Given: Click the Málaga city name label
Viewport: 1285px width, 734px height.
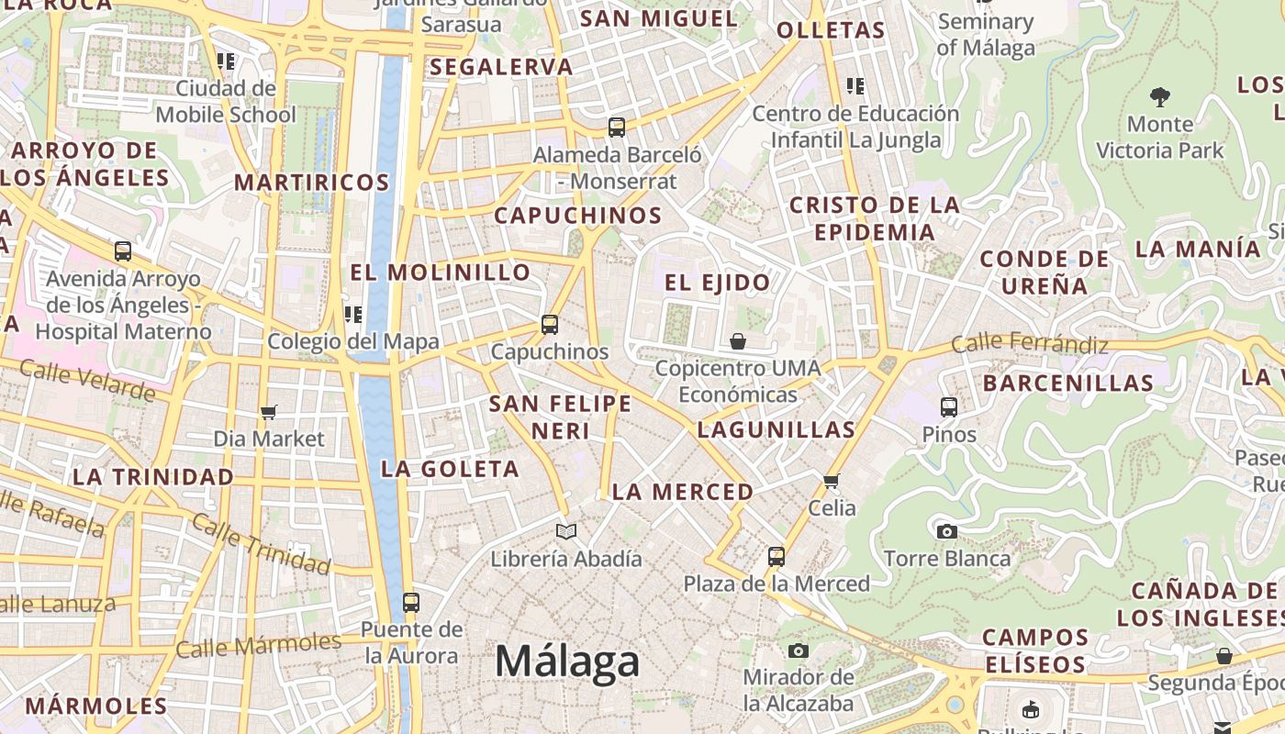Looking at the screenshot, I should point(567,661).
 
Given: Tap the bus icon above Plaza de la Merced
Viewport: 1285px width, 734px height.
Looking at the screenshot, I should point(777,556).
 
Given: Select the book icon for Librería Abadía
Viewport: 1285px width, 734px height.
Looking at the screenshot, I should point(566,531).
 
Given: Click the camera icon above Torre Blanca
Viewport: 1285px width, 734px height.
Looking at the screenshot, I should point(946,531).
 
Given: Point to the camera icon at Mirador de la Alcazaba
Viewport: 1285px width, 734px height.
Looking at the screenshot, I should point(799,651).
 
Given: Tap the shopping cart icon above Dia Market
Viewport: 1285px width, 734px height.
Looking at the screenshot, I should point(268,412).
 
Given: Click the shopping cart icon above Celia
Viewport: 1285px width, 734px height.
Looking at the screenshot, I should point(832,481).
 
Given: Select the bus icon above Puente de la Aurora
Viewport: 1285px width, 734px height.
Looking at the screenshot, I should point(411,602).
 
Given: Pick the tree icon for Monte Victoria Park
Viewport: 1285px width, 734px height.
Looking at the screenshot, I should point(1160,96).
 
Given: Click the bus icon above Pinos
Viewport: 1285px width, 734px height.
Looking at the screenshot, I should point(949,406).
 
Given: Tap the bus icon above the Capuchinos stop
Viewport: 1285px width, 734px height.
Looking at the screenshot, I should point(549,324).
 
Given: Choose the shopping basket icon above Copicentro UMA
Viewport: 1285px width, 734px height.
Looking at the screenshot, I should point(738,341).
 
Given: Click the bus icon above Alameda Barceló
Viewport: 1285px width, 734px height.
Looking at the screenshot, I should point(617,128).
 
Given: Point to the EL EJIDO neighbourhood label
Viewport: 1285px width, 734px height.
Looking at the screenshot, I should point(717,283).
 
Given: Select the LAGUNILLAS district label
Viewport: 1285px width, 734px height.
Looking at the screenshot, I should point(776,429).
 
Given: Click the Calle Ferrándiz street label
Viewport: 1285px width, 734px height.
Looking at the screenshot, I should point(1029,344).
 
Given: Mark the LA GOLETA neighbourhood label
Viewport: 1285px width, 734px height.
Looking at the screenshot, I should point(450,469).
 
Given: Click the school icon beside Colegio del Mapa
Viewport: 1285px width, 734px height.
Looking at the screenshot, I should point(353,315).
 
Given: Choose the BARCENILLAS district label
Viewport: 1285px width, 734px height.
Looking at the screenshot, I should point(1067,384).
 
